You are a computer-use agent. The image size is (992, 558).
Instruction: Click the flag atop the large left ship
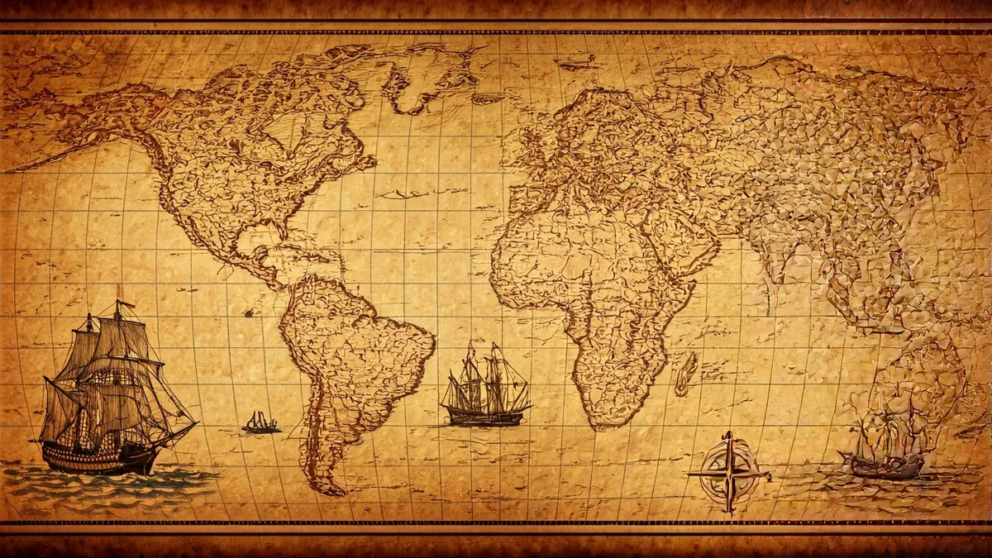pos(119,290)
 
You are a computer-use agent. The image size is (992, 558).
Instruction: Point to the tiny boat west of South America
pos(260,425)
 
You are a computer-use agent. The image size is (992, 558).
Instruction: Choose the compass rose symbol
pos(728,473)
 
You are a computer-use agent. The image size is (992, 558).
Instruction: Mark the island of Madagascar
pos(685,374)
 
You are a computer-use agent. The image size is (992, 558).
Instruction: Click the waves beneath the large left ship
pos(99,484)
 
